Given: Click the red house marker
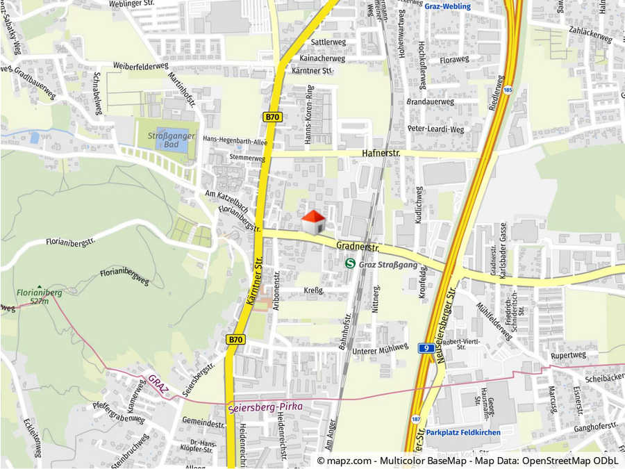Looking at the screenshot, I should click(313, 222).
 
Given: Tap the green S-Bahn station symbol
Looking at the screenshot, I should click(351, 264).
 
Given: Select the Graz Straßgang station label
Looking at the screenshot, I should click(388, 264).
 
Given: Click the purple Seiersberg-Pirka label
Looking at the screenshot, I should click(260, 408).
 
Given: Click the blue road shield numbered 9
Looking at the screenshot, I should click(424, 347).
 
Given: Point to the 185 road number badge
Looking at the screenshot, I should click(508, 90).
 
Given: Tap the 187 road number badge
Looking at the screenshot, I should click(416, 419).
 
